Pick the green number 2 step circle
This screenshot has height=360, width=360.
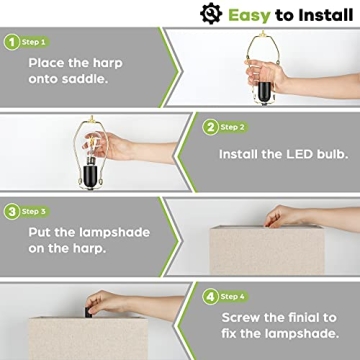point(211,128)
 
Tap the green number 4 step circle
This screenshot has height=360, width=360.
point(211,296)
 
